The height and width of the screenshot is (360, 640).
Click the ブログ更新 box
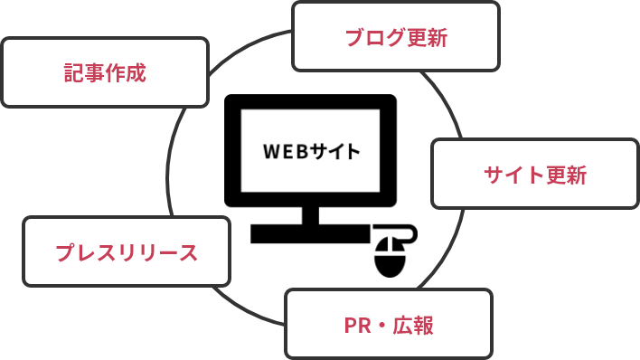coord(395,37)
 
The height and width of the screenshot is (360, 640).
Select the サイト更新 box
coord(535,174)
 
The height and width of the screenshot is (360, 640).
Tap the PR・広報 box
coord(389,324)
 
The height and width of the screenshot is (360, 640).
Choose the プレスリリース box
coord(127,251)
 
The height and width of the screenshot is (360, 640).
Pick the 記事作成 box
coord(105,72)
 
